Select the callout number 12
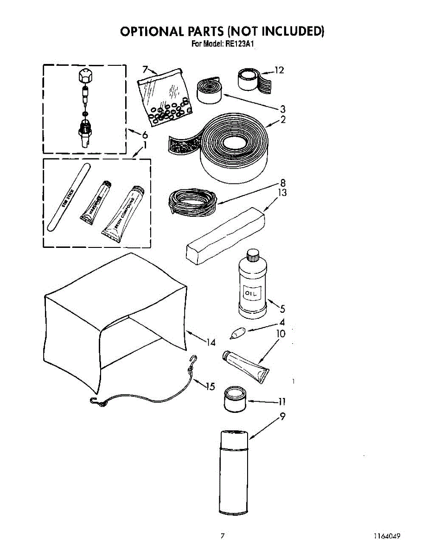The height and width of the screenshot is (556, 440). tap(279, 70)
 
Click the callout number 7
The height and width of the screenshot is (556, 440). tap(145, 69)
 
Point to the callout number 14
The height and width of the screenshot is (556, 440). tap(211, 342)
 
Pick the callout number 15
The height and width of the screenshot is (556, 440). tap(210, 386)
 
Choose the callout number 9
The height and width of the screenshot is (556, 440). tap(282, 417)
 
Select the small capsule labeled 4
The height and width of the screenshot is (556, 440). tap(237, 333)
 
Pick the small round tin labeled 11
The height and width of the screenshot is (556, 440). tap(235, 399)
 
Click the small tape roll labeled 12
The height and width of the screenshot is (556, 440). tap(250, 79)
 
